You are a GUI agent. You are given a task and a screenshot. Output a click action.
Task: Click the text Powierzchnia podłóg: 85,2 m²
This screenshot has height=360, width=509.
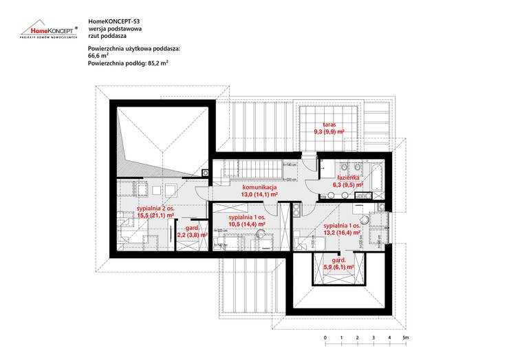(x=129, y=63)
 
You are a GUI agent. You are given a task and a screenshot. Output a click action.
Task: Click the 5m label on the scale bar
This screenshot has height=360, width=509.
(x=407, y=338)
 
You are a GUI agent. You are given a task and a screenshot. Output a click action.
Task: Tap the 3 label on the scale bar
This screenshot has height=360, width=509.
(x=373, y=338)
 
